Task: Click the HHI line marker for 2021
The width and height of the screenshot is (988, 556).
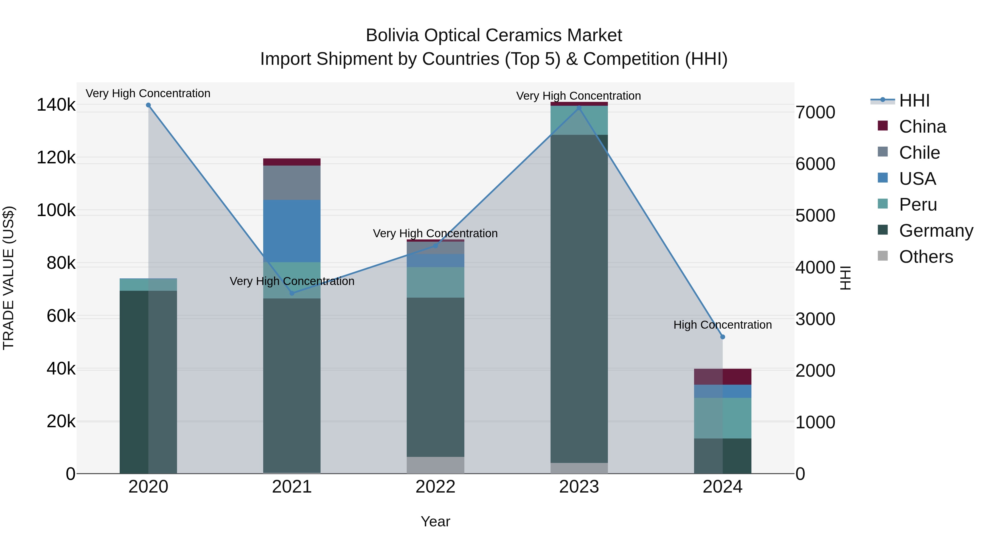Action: (x=292, y=293)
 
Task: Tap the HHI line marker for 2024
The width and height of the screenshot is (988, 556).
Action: (x=723, y=337)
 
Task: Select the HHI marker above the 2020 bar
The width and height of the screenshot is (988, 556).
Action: (x=148, y=105)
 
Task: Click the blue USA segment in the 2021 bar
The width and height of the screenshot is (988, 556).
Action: (x=292, y=231)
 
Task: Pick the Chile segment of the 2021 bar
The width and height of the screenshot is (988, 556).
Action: (x=292, y=183)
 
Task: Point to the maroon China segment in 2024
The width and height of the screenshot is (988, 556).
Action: (x=723, y=376)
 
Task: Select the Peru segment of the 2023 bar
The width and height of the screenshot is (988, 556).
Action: (x=579, y=120)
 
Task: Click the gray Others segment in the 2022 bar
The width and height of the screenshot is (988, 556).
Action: (x=435, y=465)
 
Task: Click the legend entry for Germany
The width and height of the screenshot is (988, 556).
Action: (x=936, y=231)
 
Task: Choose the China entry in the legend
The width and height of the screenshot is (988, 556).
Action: (x=922, y=127)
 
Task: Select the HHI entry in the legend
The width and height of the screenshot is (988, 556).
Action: (x=914, y=100)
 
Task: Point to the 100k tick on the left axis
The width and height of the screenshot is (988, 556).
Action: (x=56, y=210)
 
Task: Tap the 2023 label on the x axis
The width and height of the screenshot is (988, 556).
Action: (x=579, y=487)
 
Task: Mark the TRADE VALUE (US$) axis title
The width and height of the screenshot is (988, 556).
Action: (x=9, y=278)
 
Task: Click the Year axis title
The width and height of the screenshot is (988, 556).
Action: (x=435, y=521)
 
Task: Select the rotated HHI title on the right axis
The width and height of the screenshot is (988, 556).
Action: (x=845, y=278)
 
